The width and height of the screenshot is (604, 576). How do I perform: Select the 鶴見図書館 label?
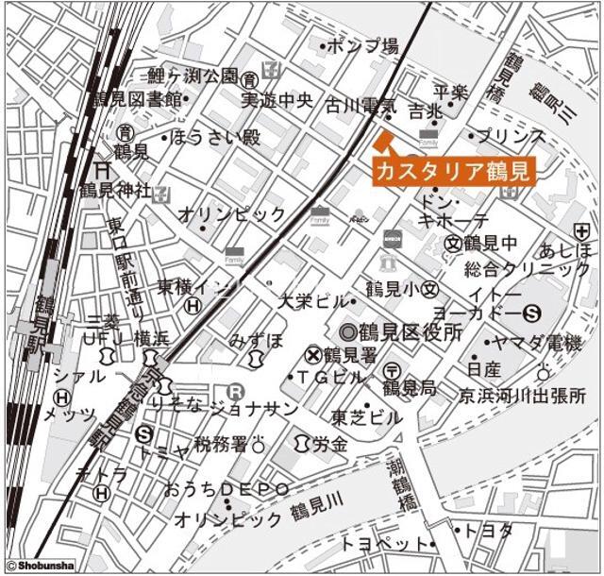click(136, 99)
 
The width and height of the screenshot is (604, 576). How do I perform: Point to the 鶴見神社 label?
click(114, 190)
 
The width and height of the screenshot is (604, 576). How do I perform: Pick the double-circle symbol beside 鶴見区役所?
click(348, 332)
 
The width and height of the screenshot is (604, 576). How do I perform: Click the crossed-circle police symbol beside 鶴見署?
click(313, 355)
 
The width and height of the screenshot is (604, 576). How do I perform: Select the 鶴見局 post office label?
click(409, 387)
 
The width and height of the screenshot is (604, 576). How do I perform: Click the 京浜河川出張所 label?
click(522, 395)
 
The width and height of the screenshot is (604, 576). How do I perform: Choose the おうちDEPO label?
click(226, 488)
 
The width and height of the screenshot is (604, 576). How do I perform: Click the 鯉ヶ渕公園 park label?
click(193, 76)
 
